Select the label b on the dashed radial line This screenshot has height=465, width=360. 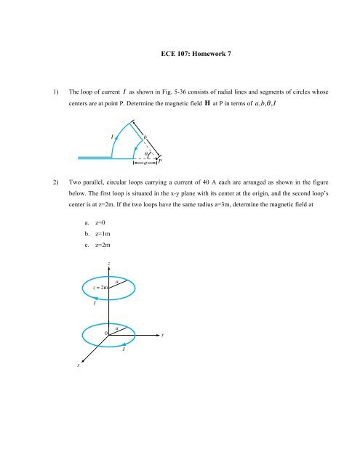click(145, 136)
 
